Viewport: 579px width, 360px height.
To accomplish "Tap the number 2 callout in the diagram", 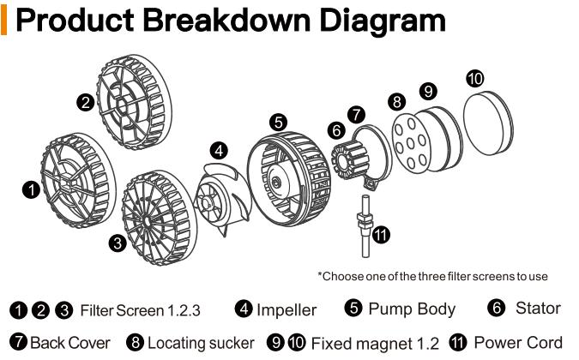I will [85, 103].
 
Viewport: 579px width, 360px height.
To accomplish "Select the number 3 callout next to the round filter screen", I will [116, 241].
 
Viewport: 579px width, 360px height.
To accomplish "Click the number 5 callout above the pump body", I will [278, 122].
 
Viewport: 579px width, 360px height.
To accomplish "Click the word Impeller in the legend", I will [286, 309].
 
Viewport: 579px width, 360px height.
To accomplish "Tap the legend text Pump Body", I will [412, 309].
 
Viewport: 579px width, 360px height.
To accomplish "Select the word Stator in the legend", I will [538, 308].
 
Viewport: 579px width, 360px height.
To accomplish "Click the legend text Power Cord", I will [518, 342].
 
